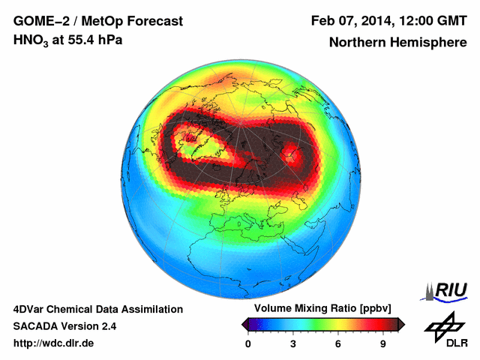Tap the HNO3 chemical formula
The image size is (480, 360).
[31, 40]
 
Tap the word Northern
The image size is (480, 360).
[358, 43]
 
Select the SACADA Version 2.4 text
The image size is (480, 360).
[64, 326]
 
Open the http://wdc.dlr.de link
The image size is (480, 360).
[53, 343]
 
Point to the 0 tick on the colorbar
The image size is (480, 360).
[248, 343]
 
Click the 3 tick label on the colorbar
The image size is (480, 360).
[293, 343]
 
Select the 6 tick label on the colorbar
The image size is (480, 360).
[338, 343]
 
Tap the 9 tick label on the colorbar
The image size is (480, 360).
[382, 343]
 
